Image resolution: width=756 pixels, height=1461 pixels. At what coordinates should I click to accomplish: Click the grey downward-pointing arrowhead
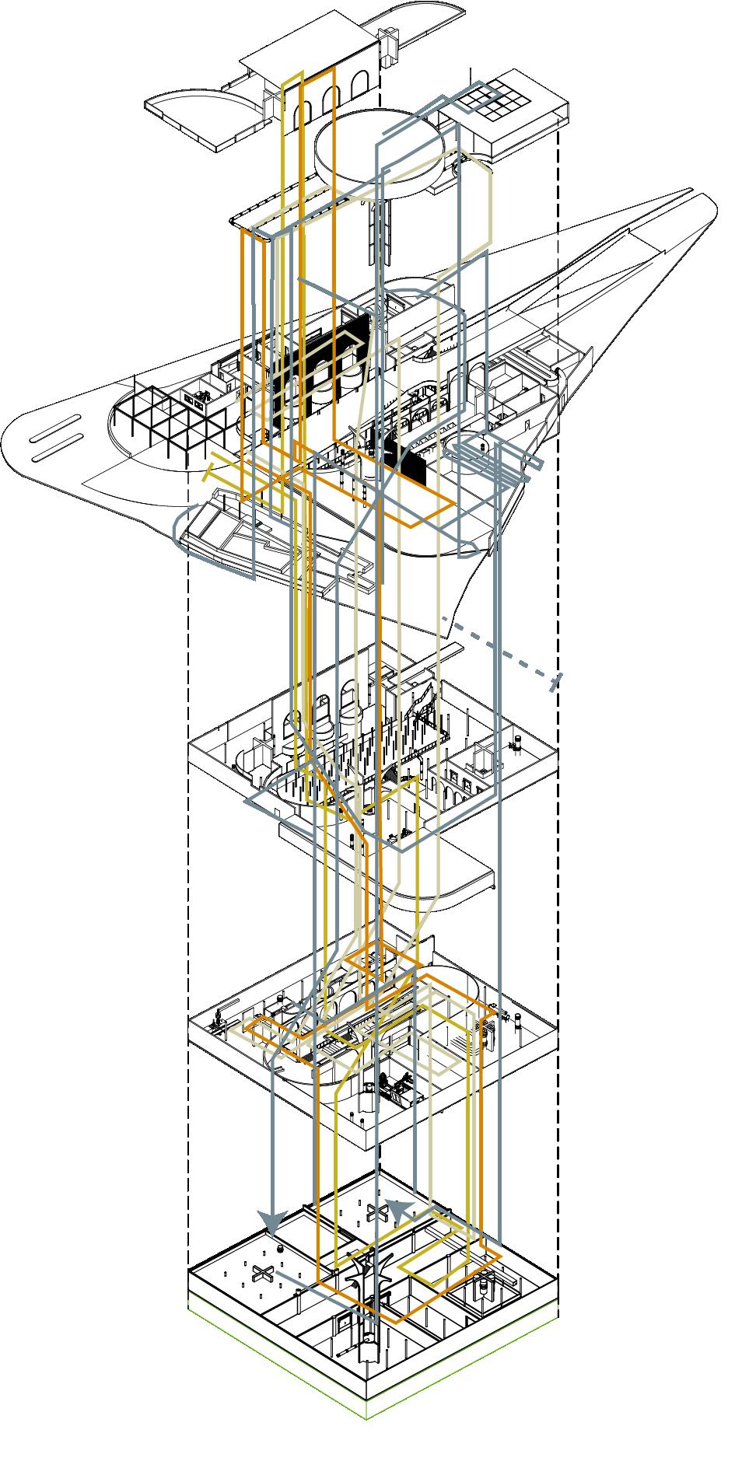click(x=272, y=1223)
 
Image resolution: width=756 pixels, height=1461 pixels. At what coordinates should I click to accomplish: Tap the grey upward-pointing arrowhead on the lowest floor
click(x=397, y=1210)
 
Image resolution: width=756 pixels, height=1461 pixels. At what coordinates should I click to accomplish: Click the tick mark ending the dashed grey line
click(x=555, y=682)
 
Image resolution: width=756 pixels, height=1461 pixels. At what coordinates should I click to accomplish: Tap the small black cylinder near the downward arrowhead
click(x=280, y=1251)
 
